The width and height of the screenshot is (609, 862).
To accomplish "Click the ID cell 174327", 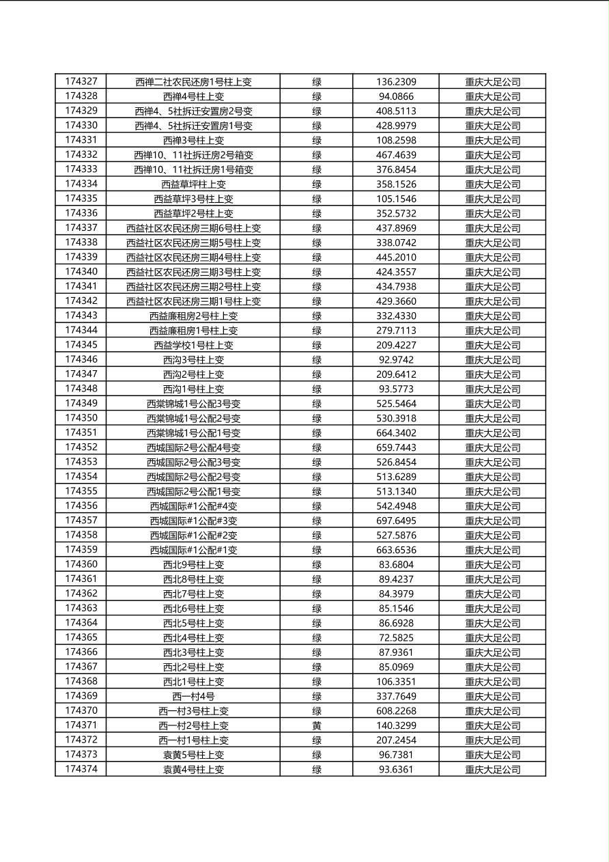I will pos(81,81).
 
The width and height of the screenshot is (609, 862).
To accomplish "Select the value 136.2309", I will pos(396,82).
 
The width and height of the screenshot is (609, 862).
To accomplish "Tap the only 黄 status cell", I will pos(317,725).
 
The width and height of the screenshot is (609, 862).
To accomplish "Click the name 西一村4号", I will pos(193,697).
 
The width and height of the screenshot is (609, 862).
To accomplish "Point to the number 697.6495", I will pos(396,520).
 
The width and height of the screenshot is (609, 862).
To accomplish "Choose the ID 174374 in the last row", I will pos(81,769).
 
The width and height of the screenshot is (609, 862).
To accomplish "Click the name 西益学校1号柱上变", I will pos(193,346).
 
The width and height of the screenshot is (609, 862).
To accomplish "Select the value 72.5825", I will pos(396,637).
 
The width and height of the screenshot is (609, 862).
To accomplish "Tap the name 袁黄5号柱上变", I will pos(193,755).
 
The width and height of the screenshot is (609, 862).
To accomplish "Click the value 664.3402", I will pos(396,433).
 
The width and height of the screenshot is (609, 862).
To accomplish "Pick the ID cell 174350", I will pos(81,418).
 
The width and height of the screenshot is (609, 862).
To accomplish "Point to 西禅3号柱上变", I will pos(193,141).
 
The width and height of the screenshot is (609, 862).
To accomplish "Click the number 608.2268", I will pos(396,711).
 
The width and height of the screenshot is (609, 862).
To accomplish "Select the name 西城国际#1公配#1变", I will pos(193,550).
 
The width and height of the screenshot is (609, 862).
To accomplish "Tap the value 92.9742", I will pos(396,360).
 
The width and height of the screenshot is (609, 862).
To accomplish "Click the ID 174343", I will pos(81,316).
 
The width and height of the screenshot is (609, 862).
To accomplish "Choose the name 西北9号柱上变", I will pos(193,565).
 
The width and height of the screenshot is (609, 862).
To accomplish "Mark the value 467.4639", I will pos(396,155).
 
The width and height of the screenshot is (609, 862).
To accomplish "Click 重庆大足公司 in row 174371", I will pos(492,725).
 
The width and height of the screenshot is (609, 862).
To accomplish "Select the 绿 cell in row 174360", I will pos(317,565).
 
